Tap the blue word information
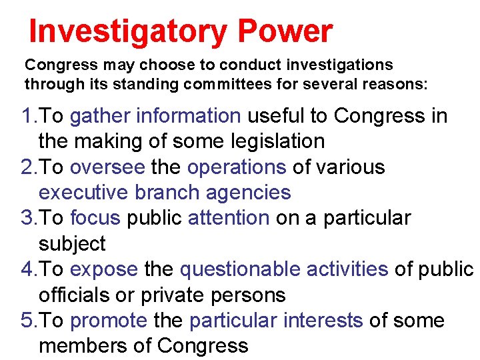click(x=189, y=116)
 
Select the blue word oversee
click(x=107, y=167)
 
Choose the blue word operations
click(x=237, y=167)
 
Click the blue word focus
click(x=95, y=218)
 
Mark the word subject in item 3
click(x=72, y=244)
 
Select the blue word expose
click(x=103, y=269)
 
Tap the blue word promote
click(x=108, y=321)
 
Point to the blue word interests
click(x=323, y=321)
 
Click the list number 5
click(x=27, y=321)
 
